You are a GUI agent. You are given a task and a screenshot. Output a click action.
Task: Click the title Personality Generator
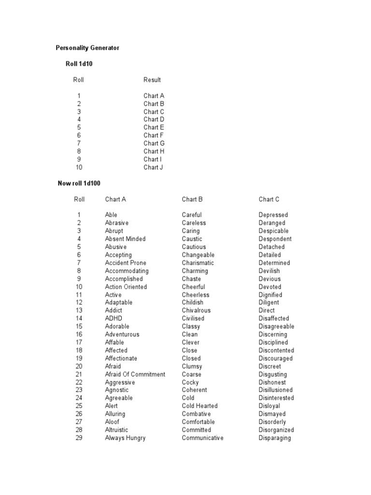click(87, 48)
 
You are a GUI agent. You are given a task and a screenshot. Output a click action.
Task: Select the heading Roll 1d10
click(79, 64)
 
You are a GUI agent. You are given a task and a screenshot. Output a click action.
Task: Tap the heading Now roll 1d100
click(79, 183)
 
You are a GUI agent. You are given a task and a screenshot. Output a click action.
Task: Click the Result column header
click(152, 80)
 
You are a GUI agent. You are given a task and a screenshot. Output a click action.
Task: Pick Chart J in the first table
click(153, 167)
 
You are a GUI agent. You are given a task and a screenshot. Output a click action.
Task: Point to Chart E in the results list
click(154, 128)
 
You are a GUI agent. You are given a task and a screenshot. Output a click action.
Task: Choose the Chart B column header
click(192, 199)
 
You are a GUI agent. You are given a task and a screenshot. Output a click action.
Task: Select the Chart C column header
click(269, 199)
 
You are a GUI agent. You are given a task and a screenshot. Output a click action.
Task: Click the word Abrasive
click(117, 223)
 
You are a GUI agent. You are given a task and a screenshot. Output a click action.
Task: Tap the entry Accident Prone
click(126, 263)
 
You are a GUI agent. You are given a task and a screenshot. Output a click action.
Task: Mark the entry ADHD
click(114, 319)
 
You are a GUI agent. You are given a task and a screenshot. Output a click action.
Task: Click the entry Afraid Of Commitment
click(135, 374)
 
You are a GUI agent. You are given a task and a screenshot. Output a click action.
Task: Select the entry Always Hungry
click(125, 438)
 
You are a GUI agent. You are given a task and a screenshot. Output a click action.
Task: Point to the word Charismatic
click(198, 263)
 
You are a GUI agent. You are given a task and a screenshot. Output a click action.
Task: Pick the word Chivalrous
click(196, 310)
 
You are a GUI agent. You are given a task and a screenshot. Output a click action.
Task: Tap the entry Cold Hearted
click(200, 406)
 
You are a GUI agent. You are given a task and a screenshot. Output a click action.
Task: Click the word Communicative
click(202, 438)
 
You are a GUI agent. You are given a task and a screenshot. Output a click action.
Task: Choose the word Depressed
click(273, 215)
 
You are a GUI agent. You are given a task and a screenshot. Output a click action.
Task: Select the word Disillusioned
click(275, 390)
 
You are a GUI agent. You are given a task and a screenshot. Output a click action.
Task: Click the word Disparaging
click(274, 438)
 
